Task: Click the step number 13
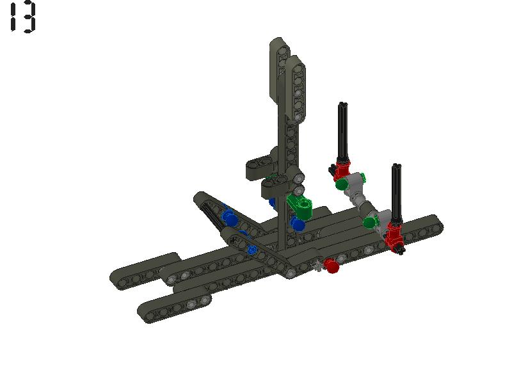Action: click(22, 17)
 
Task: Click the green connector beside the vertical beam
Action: click(300, 206)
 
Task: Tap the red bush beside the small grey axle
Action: click(331, 266)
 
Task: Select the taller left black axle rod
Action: click(342, 131)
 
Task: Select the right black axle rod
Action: click(396, 192)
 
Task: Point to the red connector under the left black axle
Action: click(342, 170)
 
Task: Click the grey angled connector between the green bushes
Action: click(362, 198)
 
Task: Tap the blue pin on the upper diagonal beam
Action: click(229, 218)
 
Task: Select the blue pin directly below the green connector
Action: click(297, 224)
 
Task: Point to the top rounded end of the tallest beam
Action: click(279, 45)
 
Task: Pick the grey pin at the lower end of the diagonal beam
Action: click(292, 273)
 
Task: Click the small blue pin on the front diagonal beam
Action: click(253, 250)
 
